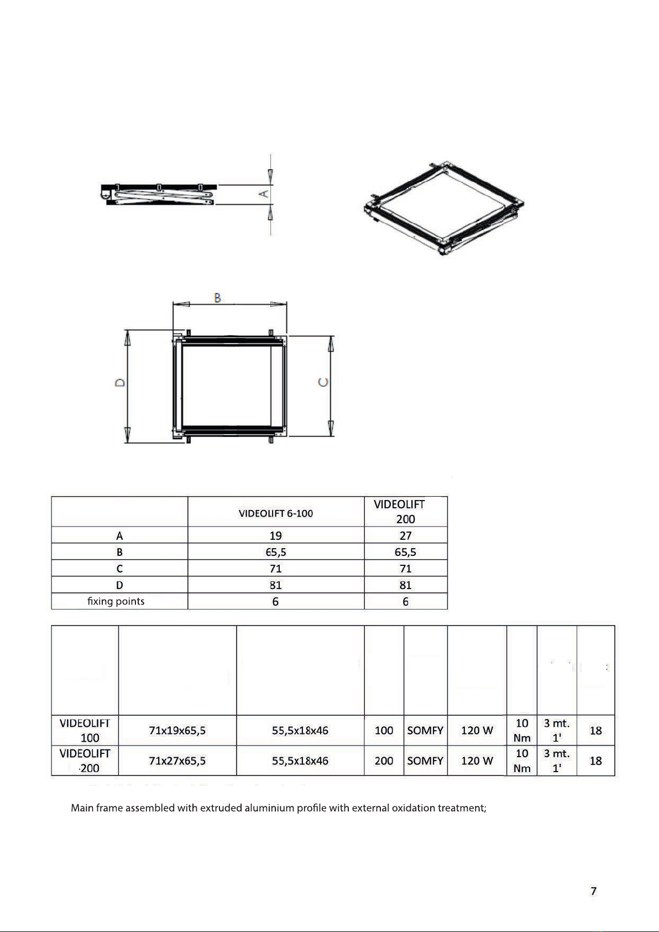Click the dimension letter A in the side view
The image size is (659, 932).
tap(264, 194)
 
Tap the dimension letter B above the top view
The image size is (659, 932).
tap(217, 298)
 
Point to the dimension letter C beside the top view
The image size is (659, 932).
tap(323, 382)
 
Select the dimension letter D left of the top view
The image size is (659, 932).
tap(120, 383)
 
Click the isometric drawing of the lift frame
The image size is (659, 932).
tap(443, 207)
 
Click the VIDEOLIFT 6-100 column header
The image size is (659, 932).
tap(276, 513)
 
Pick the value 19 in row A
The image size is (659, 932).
tap(276, 535)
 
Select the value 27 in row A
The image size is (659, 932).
tap(405, 535)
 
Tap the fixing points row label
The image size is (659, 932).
tap(116, 601)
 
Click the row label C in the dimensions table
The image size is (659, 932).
tap(119, 569)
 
